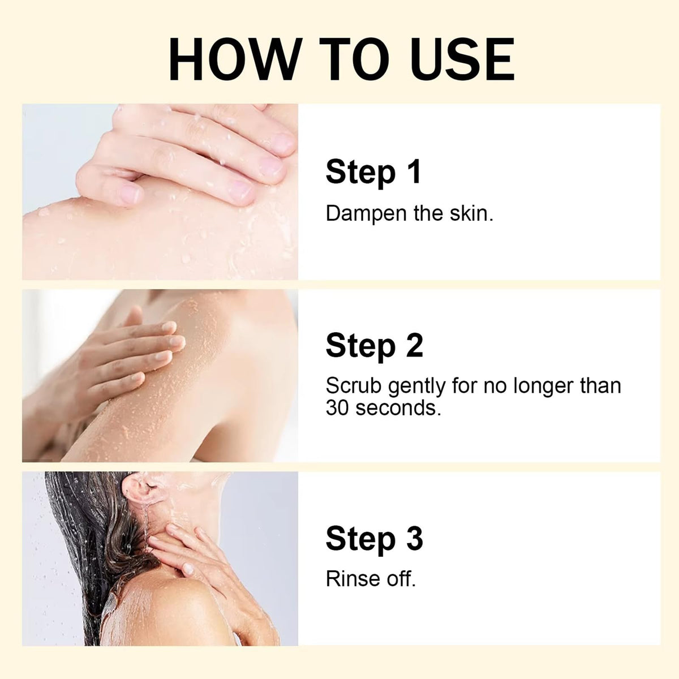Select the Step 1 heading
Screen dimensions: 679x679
click(373, 173)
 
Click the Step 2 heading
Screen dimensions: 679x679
click(374, 347)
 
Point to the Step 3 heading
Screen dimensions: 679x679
click(374, 539)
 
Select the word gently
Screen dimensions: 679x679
click(417, 388)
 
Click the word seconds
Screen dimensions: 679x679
click(398, 409)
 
